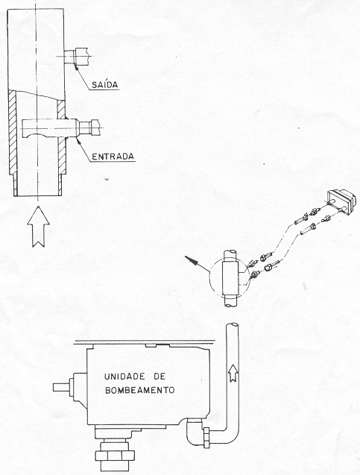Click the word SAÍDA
coord(104,84)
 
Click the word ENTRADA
coord(113,157)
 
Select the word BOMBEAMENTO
coord(139,390)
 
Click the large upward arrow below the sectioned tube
coord(39,226)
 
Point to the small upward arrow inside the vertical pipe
coord(233,373)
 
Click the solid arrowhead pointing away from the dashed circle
coord(192,260)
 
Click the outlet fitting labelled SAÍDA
coord(77,57)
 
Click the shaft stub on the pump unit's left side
coord(61,387)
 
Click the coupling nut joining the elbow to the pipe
coord(206,437)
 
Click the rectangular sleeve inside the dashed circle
coord(231,278)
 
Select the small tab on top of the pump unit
coord(150,345)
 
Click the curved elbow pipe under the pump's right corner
coord(193,432)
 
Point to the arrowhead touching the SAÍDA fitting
coord(77,67)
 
